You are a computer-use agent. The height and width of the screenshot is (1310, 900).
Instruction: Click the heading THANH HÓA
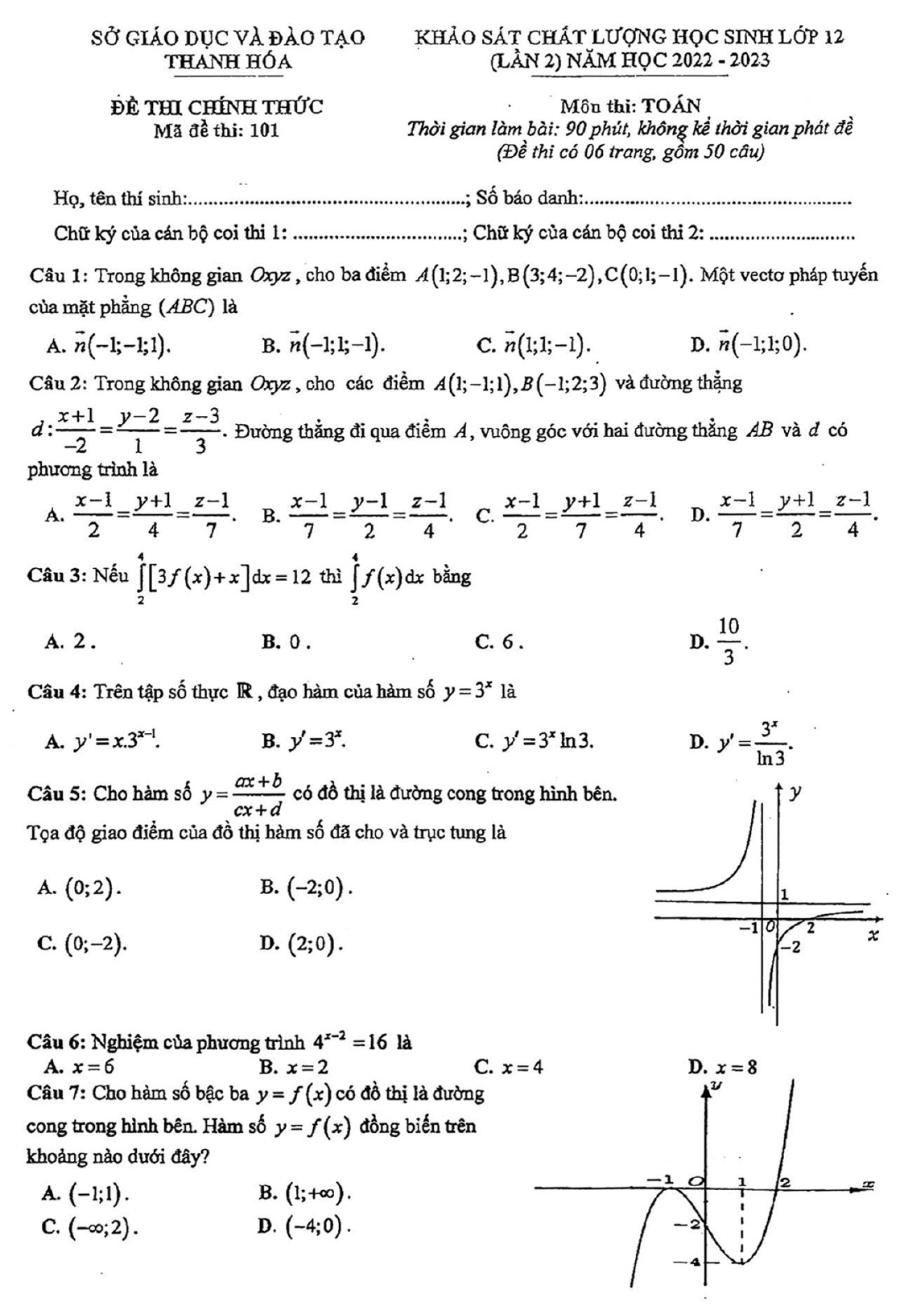coord(229,61)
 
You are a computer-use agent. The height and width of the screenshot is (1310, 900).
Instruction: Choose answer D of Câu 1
coord(758,345)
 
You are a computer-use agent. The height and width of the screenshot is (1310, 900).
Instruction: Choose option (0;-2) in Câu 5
coord(94,943)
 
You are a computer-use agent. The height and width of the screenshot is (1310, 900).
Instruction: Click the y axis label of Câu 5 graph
coord(795,793)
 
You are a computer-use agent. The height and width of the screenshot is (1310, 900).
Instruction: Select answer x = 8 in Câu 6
coord(736,1068)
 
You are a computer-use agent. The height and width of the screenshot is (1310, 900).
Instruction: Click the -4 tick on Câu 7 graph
coord(687,1261)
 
